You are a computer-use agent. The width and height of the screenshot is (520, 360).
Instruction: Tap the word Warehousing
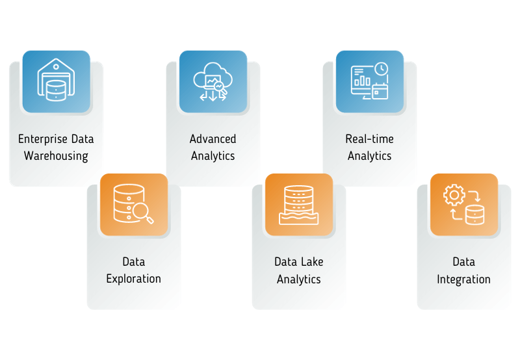56,156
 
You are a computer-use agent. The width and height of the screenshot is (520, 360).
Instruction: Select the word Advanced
213,139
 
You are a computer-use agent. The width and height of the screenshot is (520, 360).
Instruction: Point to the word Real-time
369,139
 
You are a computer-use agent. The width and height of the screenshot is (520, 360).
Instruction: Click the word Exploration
133,279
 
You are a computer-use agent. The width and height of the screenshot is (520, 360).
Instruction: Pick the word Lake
308,262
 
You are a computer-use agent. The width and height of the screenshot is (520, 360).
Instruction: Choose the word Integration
463,279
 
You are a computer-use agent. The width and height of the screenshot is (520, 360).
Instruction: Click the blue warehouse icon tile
56,81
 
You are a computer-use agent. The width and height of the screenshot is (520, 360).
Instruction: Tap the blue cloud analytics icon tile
213,81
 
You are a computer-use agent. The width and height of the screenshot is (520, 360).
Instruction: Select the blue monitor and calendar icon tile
369,81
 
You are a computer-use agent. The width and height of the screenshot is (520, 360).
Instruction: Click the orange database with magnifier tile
134,204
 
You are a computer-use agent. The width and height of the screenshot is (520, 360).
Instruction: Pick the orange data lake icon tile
299,204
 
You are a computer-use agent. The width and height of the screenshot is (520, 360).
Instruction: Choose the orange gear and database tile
464,204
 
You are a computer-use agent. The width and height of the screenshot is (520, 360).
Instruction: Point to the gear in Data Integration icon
452,195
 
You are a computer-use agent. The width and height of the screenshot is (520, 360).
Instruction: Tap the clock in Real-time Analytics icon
381,68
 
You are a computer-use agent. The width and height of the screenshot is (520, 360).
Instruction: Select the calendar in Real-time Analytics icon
380,91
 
